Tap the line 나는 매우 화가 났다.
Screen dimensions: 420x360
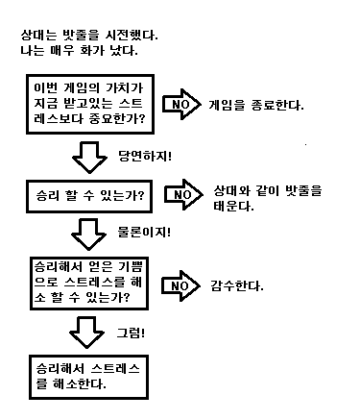tap(78, 50)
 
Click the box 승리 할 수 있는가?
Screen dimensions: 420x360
tap(88, 196)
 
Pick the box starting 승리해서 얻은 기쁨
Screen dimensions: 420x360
tap(89, 284)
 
